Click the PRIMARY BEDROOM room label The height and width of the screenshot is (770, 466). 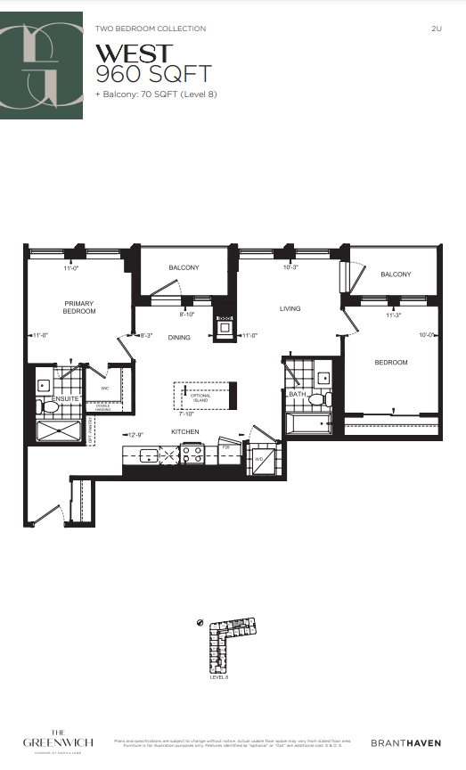click(x=78, y=307)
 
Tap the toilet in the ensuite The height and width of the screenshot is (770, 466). click(x=51, y=407)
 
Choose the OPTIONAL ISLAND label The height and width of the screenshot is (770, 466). click(x=200, y=398)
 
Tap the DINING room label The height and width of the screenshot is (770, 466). click(x=179, y=338)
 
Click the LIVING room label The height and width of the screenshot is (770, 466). click(x=290, y=309)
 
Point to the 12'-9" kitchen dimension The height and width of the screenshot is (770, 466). click(x=136, y=435)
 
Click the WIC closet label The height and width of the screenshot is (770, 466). click(x=104, y=389)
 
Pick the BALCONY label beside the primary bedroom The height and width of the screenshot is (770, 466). click(x=184, y=268)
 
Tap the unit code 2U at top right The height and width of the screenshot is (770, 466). click(x=436, y=29)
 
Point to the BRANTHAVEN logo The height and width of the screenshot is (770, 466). click(x=405, y=741)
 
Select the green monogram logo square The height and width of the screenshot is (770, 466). click(x=42, y=66)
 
